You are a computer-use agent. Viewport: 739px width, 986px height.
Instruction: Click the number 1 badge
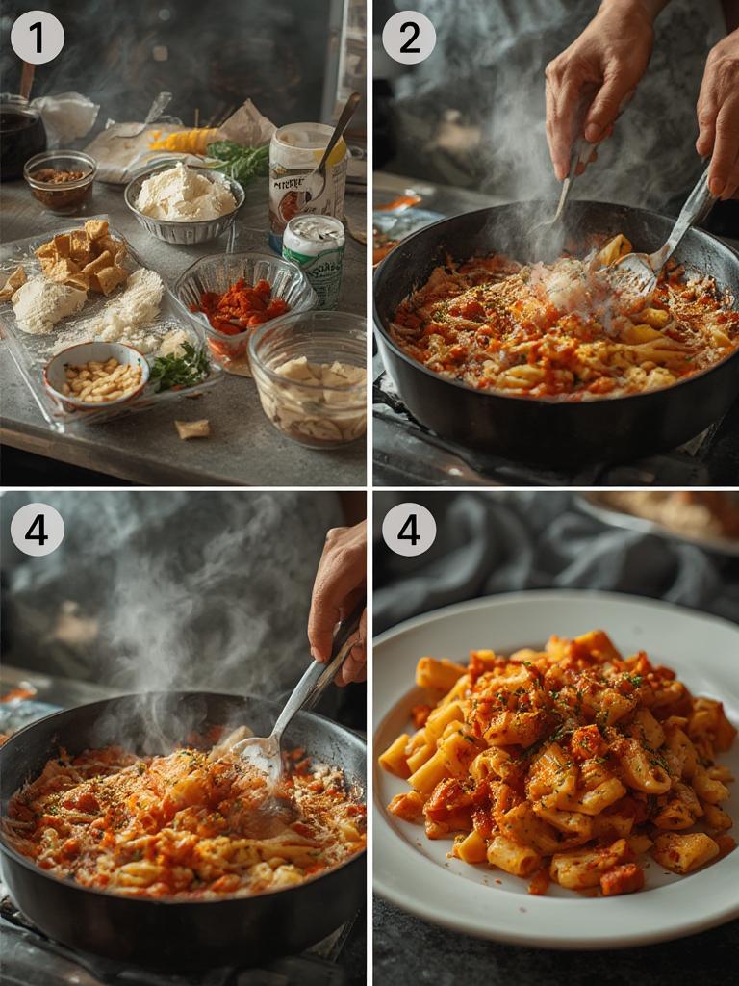37,38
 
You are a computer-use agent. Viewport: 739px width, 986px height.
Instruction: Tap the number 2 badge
409,38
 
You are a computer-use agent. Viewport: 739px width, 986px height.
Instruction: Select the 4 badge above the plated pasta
409,529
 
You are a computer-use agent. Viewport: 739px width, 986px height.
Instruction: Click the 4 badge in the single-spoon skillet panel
37,529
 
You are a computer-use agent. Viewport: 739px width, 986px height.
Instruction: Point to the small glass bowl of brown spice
60,180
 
